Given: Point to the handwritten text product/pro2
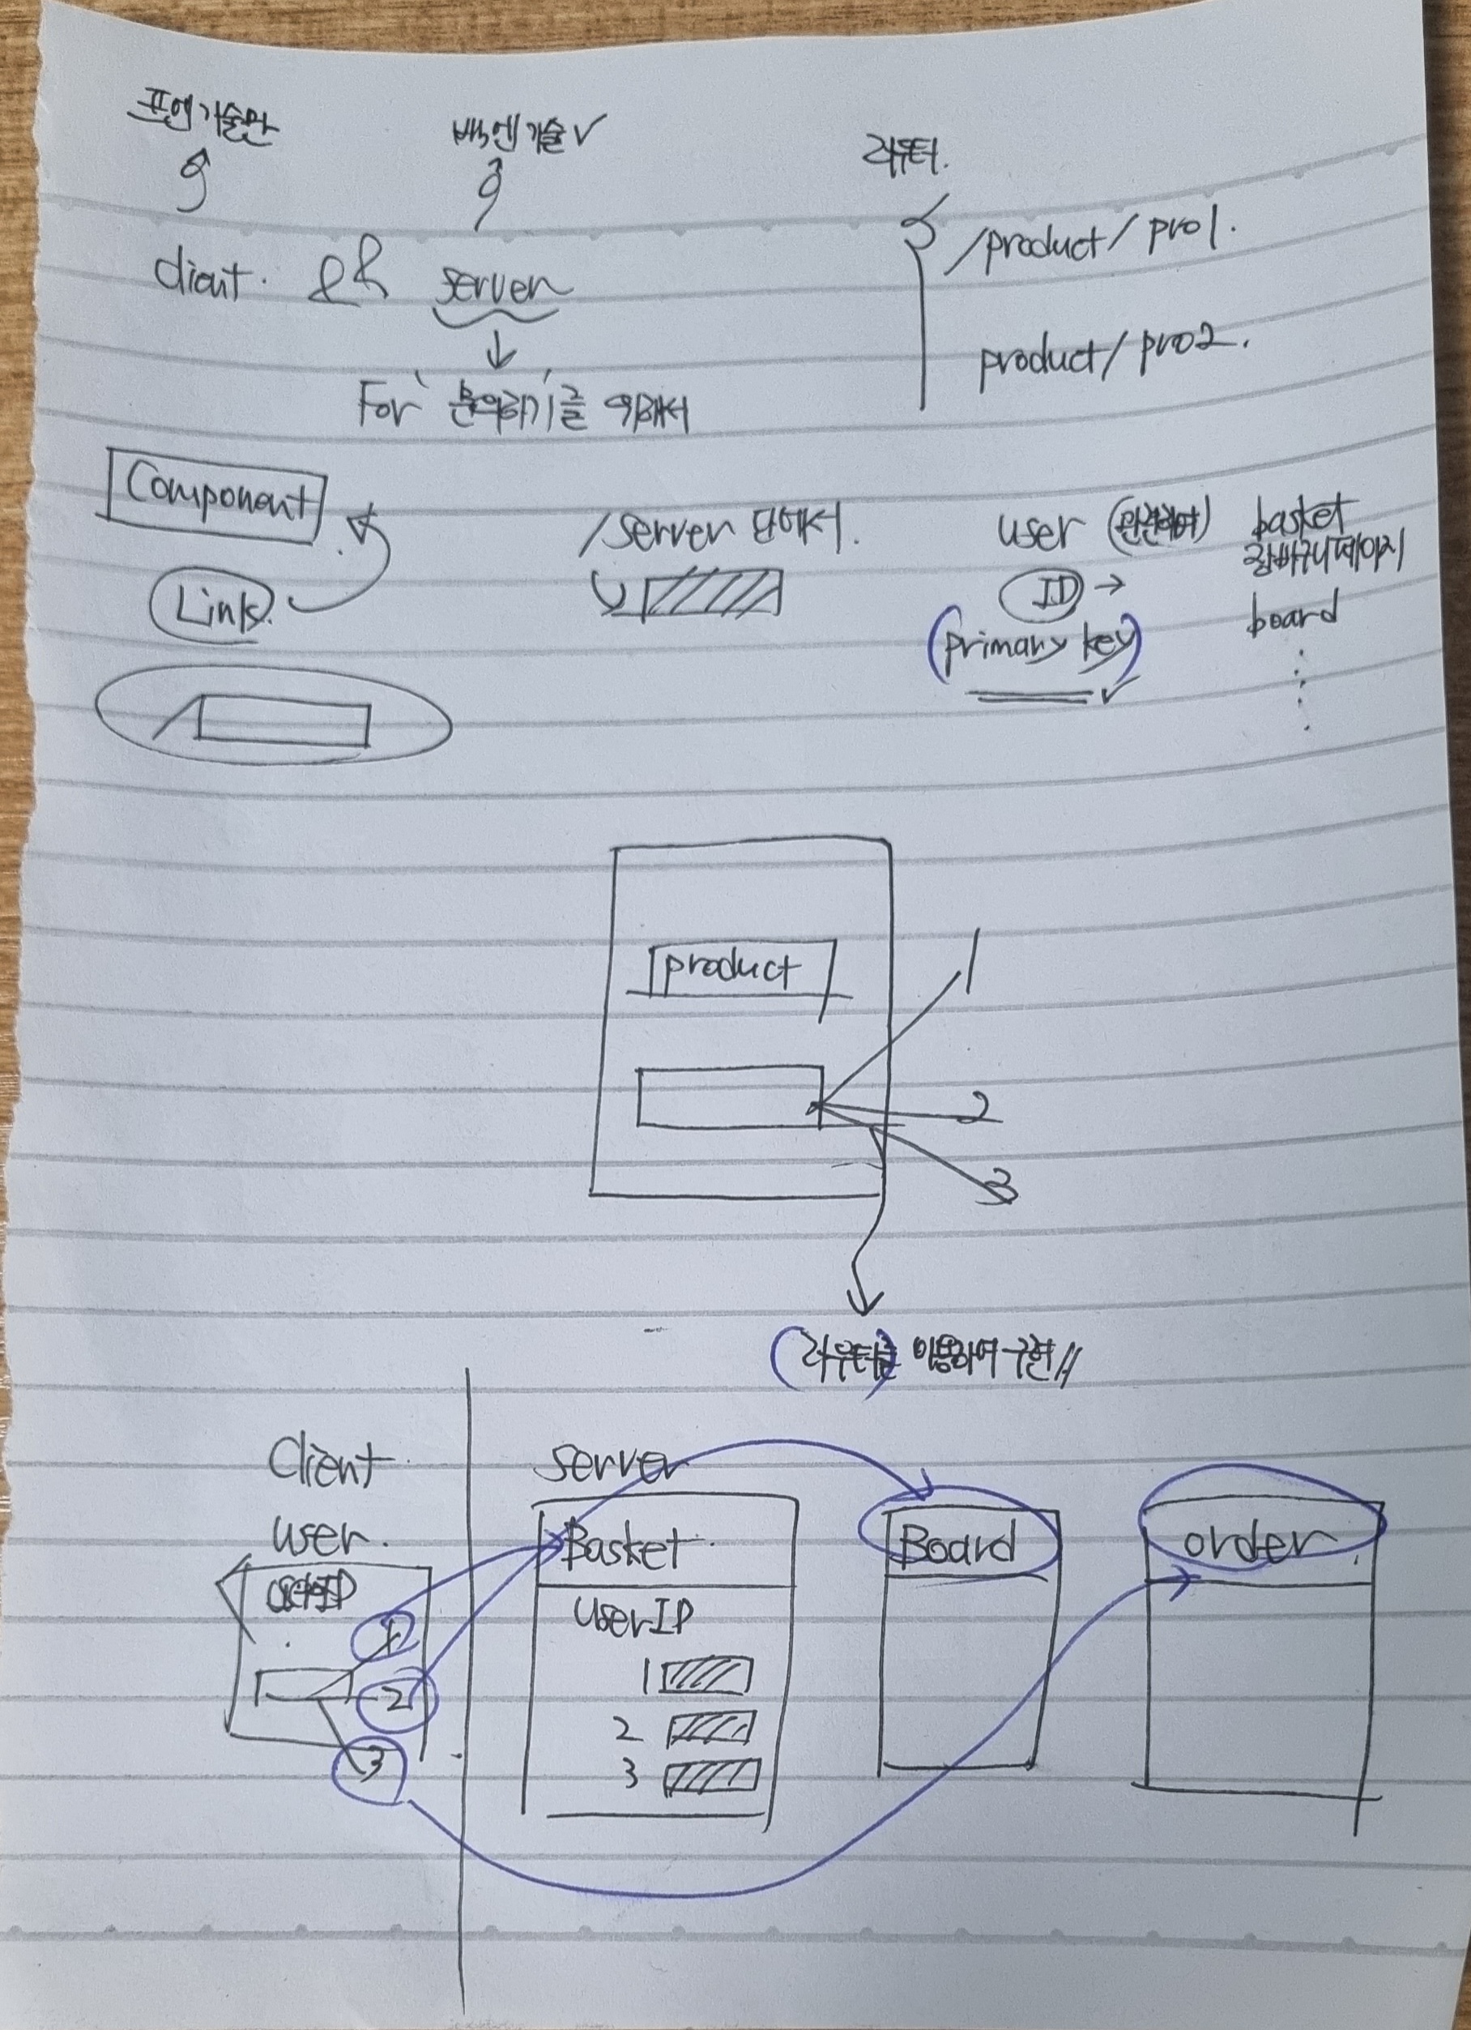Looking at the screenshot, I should click(1110, 358).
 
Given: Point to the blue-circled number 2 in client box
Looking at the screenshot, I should click(394, 1699).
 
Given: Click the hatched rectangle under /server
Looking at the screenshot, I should click(711, 592).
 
